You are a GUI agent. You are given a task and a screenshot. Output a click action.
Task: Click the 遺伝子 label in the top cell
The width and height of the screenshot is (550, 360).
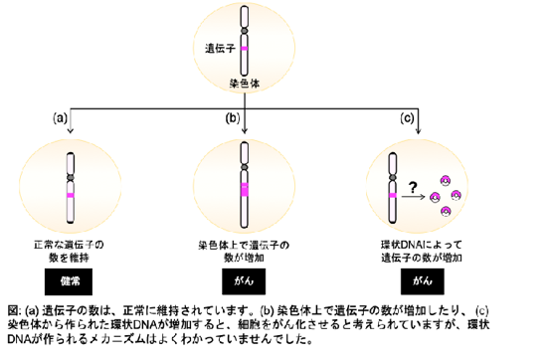coord(220,48)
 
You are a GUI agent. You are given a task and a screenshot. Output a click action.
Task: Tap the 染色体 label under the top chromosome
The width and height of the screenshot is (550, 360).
coord(245,84)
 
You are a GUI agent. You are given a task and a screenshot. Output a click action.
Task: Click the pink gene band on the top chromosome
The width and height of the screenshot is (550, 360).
coord(244,49)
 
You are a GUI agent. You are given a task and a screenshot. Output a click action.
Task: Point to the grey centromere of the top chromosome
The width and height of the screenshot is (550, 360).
coord(244,31)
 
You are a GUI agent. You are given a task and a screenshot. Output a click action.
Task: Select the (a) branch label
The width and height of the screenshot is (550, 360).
coord(60,118)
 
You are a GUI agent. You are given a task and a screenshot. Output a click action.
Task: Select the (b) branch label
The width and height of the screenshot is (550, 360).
coord(232,118)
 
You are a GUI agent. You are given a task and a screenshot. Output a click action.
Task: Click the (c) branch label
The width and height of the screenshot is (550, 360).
coord(407,118)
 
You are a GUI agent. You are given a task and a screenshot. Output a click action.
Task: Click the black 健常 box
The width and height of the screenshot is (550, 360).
coord(69,281)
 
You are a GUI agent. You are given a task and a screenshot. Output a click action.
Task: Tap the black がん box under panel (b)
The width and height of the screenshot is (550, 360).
coord(244,281)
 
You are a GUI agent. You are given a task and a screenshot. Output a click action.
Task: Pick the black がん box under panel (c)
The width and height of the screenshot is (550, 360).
coord(423,281)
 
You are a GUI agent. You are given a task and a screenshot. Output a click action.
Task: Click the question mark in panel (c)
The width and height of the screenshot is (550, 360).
coord(413,187)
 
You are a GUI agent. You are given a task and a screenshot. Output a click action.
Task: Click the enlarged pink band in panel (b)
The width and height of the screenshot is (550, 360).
coord(245,190)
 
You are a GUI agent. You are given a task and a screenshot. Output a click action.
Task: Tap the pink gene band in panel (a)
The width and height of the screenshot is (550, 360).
coord(71,195)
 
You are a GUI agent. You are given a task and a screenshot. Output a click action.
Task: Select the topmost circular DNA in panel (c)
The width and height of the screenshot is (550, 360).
coord(446,181)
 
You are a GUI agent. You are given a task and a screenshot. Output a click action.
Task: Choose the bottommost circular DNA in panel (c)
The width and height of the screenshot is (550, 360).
coord(446,212)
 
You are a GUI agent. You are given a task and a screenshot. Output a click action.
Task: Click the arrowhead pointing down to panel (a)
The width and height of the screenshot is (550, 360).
coord(71,131)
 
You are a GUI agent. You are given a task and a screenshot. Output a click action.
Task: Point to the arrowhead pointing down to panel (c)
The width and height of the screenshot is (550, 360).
coord(418,131)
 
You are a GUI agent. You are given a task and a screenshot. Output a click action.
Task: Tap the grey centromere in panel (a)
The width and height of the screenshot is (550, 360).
coord(71,178)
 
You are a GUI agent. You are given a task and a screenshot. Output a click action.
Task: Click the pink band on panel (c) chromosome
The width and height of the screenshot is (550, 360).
coord(393,195)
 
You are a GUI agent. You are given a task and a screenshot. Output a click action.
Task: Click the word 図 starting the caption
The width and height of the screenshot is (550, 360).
coord(13,310)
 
